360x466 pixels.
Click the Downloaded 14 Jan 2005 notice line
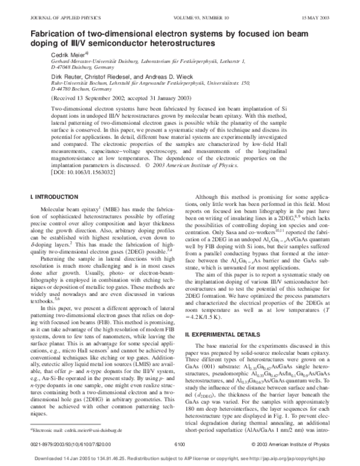point(179,456)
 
